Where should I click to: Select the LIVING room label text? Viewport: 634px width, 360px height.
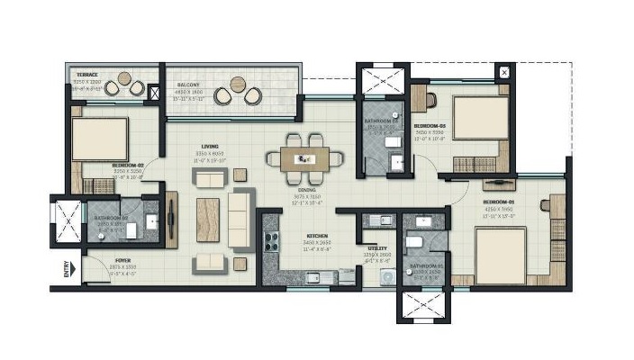pyautogui.click(x=210, y=147)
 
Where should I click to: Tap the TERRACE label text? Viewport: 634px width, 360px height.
pyautogui.click(x=86, y=75)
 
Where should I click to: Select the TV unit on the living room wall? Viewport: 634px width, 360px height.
pyautogui.click(x=171, y=219)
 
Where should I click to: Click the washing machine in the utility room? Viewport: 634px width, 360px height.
pyautogui.click(x=387, y=279)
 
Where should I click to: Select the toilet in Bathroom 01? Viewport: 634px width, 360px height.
pyautogui.click(x=415, y=241)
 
